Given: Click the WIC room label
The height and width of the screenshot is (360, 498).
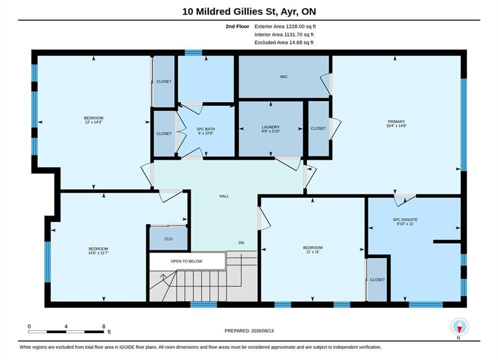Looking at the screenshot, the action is click(x=284, y=77).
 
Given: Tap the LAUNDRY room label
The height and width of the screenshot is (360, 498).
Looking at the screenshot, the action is click(x=271, y=127).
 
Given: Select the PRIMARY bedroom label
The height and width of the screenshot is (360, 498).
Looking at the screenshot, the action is click(x=396, y=121).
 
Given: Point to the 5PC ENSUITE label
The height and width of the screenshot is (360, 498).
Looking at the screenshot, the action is click(x=405, y=219).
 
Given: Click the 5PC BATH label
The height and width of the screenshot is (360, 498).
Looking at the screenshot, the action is click(x=206, y=129).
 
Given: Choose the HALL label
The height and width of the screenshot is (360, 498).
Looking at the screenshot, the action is click(x=224, y=196).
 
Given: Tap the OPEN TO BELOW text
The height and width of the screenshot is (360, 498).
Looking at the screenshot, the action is click(x=186, y=261).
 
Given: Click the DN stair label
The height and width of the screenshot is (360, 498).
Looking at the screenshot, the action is click(x=241, y=242).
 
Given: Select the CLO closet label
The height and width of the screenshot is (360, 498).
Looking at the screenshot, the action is click(x=168, y=239).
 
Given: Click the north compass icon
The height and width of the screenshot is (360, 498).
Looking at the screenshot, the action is click(x=459, y=326).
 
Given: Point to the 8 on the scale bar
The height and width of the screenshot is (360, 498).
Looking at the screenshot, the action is click(x=104, y=326).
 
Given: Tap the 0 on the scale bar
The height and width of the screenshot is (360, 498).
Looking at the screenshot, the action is click(x=29, y=326).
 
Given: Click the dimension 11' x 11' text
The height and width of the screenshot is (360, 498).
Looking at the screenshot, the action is click(x=313, y=252).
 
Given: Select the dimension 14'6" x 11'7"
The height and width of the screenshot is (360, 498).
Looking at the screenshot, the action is click(x=99, y=253).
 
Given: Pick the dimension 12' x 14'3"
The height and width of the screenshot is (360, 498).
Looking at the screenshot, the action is click(x=94, y=122).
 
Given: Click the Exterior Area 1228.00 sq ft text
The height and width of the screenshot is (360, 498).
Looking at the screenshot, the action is click(x=285, y=26).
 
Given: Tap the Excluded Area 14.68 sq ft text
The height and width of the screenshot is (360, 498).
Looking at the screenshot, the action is click(x=284, y=42).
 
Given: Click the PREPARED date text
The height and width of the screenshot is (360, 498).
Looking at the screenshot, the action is click(x=249, y=331).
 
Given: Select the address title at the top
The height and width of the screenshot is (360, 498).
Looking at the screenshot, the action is click(x=249, y=11).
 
